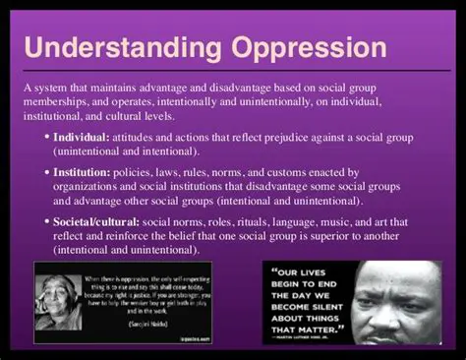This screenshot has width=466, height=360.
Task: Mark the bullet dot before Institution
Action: pyautogui.click(x=48, y=171)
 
